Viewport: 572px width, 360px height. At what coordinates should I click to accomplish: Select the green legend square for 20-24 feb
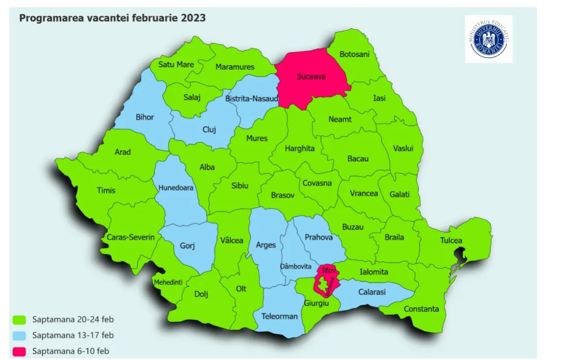pyautogui.click(x=19, y=319)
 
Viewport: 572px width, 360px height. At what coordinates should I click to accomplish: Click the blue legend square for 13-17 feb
pyautogui.click(x=19, y=335)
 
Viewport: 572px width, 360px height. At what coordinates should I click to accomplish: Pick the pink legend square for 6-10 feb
pyautogui.click(x=19, y=352)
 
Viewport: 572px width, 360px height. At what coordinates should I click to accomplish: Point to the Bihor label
pyautogui.click(x=145, y=117)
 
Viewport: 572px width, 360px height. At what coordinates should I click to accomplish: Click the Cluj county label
pyautogui.click(x=209, y=130)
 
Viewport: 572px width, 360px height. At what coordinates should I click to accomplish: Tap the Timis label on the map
pyautogui.click(x=106, y=190)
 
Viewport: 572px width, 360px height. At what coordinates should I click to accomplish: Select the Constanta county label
pyautogui.click(x=421, y=309)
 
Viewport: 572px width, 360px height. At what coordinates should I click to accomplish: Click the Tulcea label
pyautogui.click(x=451, y=241)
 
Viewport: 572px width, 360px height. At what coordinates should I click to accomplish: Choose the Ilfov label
pyautogui.click(x=328, y=270)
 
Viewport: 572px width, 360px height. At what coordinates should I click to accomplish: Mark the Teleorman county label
pyautogui.click(x=279, y=316)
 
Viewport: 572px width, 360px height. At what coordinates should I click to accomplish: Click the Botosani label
pyautogui.click(x=355, y=55)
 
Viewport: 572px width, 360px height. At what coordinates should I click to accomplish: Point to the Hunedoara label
pyautogui.click(x=176, y=187)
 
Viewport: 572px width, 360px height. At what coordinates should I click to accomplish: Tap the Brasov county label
pyautogui.click(x=283, y=196)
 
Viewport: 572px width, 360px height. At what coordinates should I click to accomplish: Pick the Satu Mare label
pyautogui.click(x=176, y=64)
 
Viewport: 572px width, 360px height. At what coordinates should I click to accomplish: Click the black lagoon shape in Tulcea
pyautogui.click(x=458, y=255)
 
